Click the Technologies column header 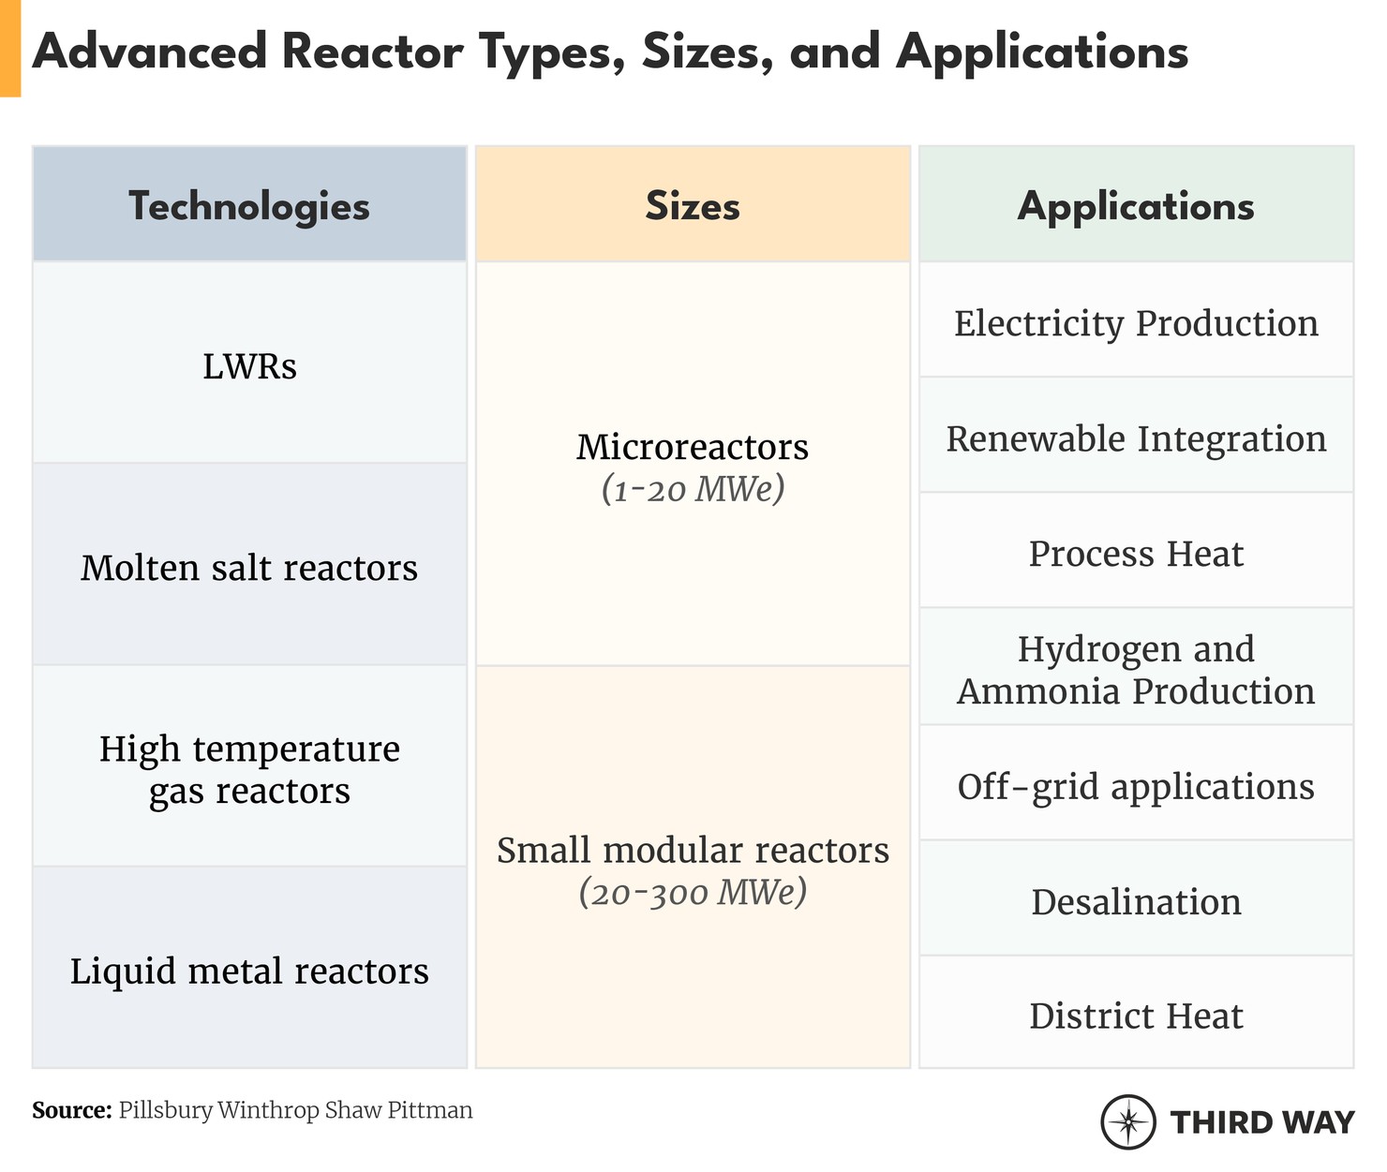coord(249,206)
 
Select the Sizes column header coord(693,206)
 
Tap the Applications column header coord(1136,206)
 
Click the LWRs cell coord(249,366)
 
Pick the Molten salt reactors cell coord(249,568)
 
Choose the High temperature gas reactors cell coord(249,769)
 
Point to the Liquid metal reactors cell coord(249,971)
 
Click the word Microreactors coord(693,447)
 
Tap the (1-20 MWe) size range coord(693,489)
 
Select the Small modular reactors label coord(693,851)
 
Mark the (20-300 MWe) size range coord(693,893)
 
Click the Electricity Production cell coord(1136,323)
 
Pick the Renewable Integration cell coord(1136,438)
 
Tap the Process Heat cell coord(1136,554)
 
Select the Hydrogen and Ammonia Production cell coord(1136,670)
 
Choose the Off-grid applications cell coord(1136,786)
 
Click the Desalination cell coord(1136,901)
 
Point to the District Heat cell coord(1136,1016)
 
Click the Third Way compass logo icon coord(1127,1121)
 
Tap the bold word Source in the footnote coord(71,1111)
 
